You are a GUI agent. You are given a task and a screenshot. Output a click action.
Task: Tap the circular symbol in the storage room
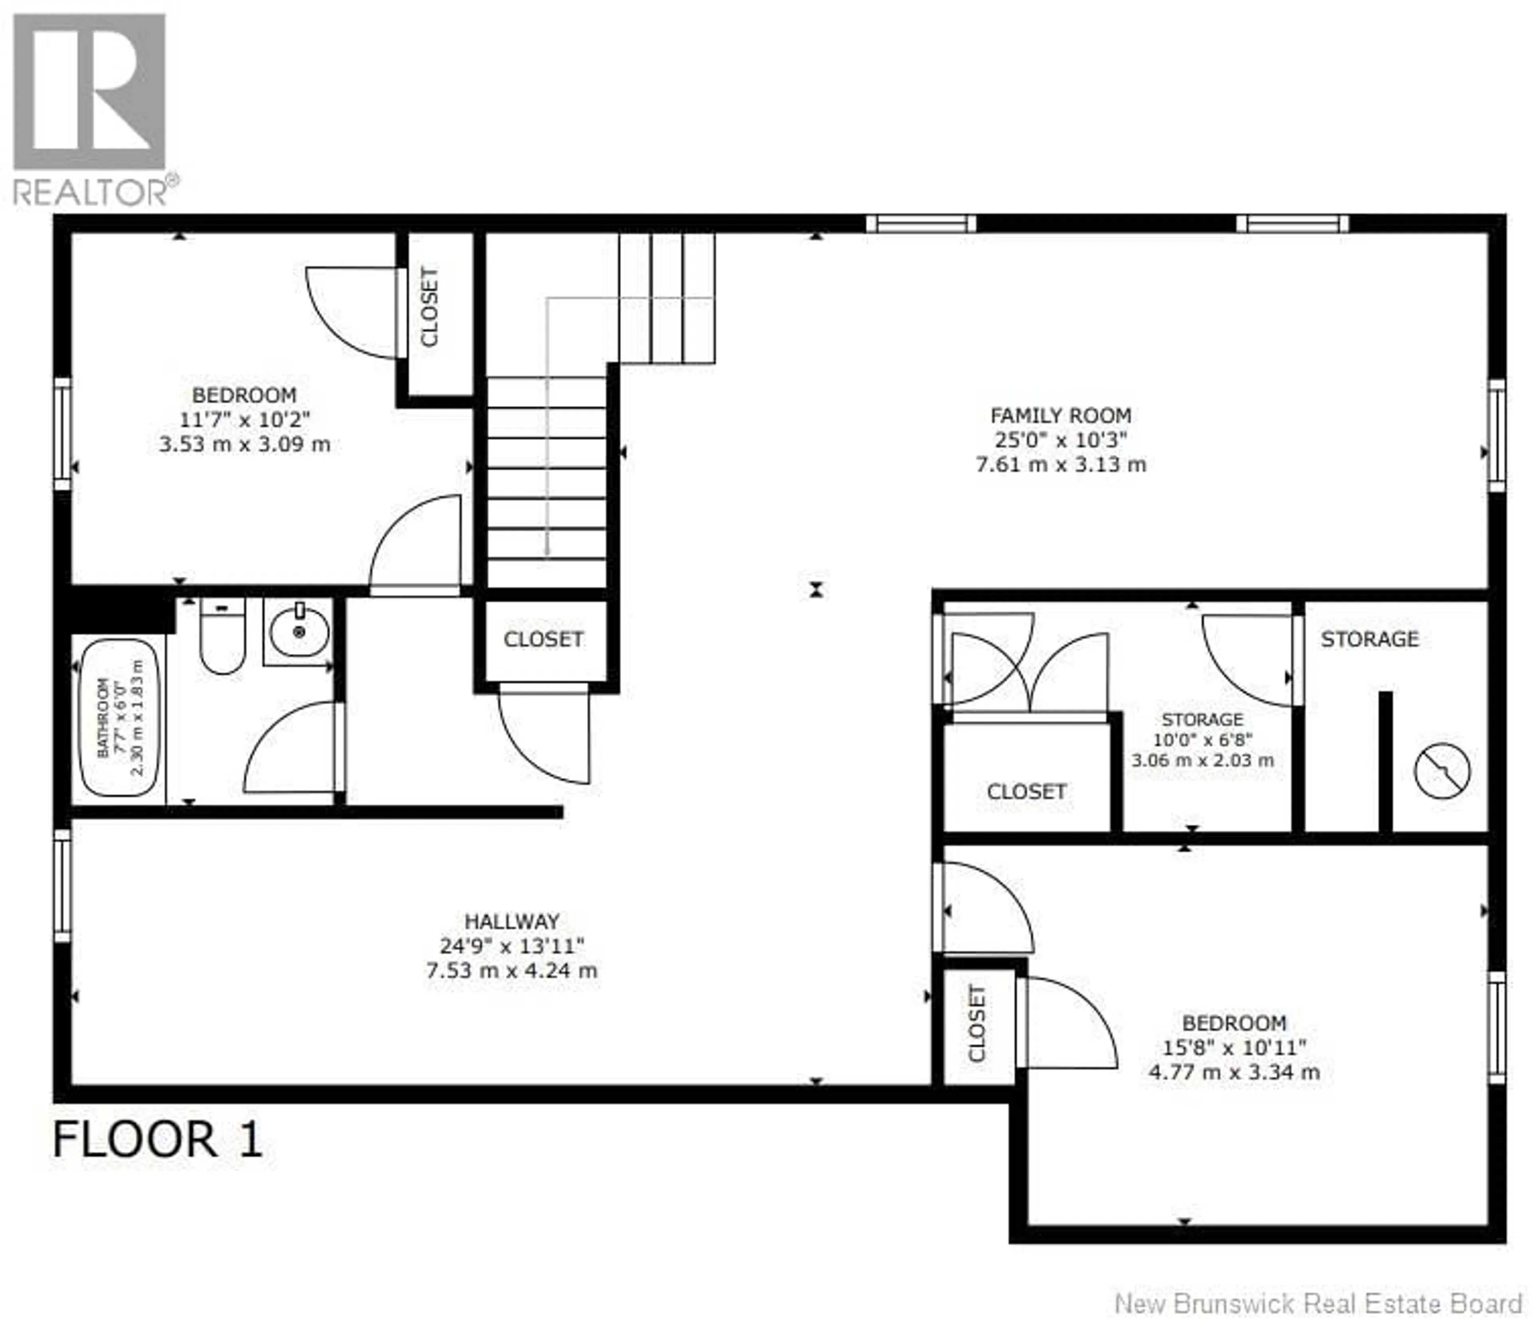coord(1442,771)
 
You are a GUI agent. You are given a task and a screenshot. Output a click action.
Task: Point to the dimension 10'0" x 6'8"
coord(1202,740)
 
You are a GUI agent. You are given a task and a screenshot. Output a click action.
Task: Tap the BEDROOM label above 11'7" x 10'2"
coord(244,395)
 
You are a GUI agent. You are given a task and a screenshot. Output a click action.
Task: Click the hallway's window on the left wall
coord(62,886)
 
